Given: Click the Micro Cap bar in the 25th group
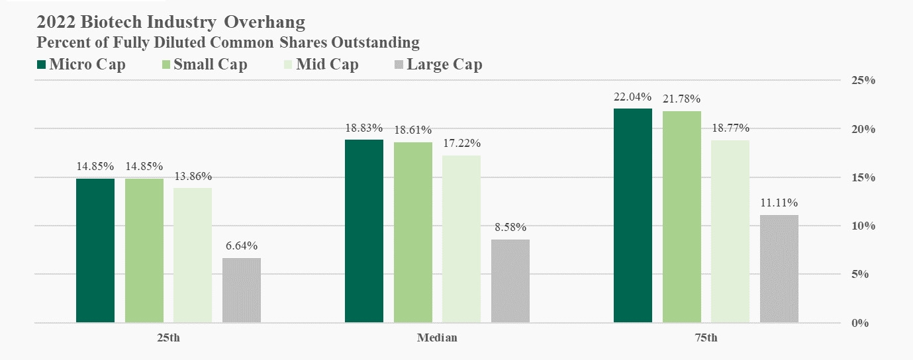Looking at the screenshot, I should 95,250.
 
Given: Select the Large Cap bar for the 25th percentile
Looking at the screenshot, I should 242,290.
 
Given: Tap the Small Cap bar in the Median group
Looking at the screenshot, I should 412,232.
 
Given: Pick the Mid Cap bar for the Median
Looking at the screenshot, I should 461,239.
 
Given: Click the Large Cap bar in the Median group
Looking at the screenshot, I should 510,281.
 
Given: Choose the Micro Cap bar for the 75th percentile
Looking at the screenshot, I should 633,216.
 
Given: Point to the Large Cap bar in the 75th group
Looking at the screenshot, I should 779,269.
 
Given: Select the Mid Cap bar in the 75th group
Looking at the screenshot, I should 730,231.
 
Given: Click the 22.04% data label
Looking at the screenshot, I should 633,97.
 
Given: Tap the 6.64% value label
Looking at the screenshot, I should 242,246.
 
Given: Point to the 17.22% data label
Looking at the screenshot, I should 461,144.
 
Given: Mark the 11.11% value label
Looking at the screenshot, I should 779,202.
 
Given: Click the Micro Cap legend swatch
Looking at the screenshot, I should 42,65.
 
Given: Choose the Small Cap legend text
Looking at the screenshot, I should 211,65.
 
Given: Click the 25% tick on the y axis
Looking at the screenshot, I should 863,81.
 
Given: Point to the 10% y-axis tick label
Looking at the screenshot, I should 863,226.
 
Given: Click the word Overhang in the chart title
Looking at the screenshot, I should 265,22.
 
